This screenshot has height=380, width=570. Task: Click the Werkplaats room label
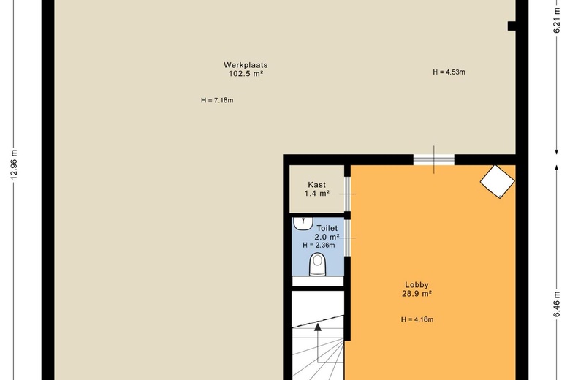click(246, 65)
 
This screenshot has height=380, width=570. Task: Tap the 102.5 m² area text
click(246, 74)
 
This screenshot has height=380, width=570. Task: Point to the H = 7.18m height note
click(217, 100)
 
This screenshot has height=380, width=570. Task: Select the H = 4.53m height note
click(449, 72)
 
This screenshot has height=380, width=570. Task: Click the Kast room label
click(317, 185)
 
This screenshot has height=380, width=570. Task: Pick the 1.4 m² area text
click(317, 194)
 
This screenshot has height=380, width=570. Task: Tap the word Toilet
click(327, 228)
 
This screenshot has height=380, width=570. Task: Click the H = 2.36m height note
click(319, 246)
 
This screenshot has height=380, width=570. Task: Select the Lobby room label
click(417, 285)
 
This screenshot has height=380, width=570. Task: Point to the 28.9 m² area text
click(417, 294)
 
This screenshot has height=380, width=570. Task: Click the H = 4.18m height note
click(417, 319)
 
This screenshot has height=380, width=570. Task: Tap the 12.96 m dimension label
click(14, 164)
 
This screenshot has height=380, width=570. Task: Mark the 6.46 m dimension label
click(557, 304)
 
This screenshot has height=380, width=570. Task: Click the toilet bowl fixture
click(318, 265)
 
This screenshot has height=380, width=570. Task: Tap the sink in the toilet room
click(303, 224)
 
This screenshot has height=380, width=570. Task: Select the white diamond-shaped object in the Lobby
click(498, 182)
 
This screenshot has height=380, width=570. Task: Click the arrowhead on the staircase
click(318, 327)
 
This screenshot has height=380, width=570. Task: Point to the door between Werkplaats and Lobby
click(433, 159)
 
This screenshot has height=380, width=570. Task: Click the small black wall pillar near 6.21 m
click(512, 26)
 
